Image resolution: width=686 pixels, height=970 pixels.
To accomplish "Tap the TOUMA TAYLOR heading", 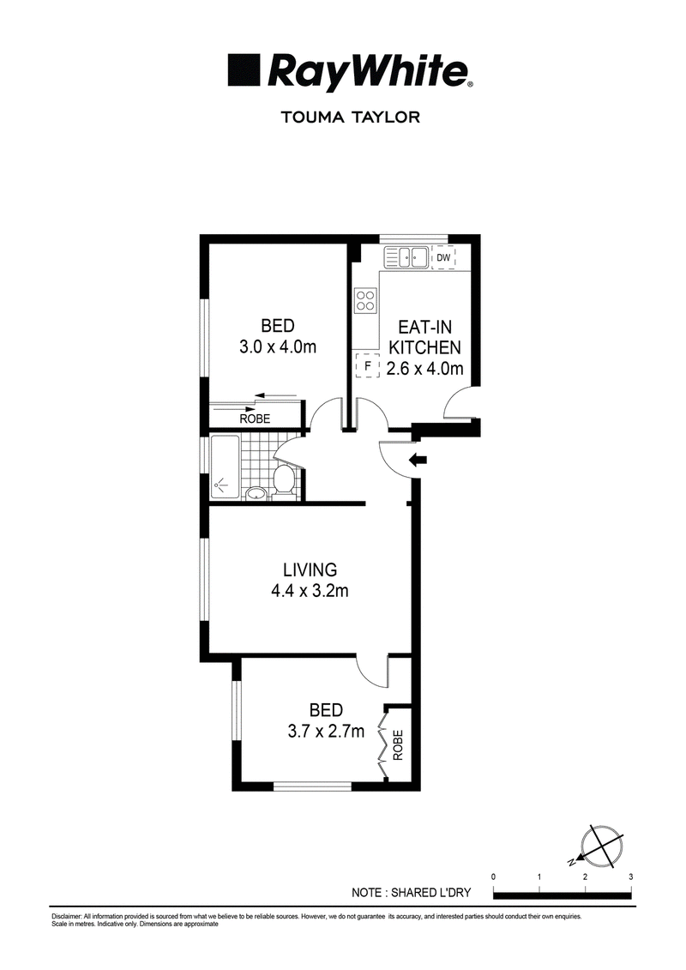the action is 351,117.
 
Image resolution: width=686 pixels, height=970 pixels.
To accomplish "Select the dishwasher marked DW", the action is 443,258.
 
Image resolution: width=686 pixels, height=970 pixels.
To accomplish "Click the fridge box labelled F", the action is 367,366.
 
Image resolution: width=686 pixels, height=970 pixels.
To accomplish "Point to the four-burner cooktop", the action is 365,301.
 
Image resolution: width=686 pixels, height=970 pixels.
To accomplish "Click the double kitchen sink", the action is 405,257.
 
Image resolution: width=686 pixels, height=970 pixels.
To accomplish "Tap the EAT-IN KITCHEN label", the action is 424,336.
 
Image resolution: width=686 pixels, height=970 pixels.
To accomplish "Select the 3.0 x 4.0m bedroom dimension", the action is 278,347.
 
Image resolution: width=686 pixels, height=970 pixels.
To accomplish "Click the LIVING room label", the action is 310,569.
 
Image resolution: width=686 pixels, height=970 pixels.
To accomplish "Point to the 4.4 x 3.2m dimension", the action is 310,592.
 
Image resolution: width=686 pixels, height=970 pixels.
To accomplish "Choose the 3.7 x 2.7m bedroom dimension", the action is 326,732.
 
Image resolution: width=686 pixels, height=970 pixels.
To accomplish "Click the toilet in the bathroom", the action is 285,480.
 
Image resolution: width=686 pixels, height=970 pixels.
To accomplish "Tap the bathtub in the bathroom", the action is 225,467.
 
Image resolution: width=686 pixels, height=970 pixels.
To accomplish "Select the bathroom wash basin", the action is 255,493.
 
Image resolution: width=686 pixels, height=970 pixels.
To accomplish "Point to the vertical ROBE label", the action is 398,744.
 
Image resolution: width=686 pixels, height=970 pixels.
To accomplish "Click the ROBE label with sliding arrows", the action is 255,419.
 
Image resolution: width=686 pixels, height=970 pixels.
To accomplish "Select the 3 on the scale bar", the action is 630,877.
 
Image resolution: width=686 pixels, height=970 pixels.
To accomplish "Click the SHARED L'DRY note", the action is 412,893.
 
